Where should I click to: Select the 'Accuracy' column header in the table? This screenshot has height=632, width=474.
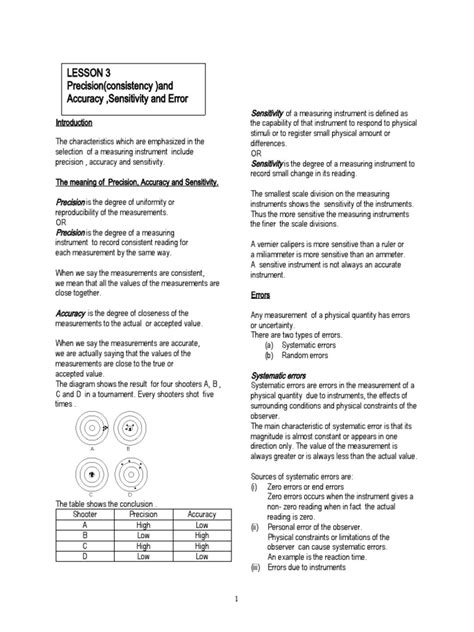pos(203,513)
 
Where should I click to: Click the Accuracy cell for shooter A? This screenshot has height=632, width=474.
pos(203,524)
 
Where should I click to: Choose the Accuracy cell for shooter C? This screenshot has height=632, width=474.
pos(203,546)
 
